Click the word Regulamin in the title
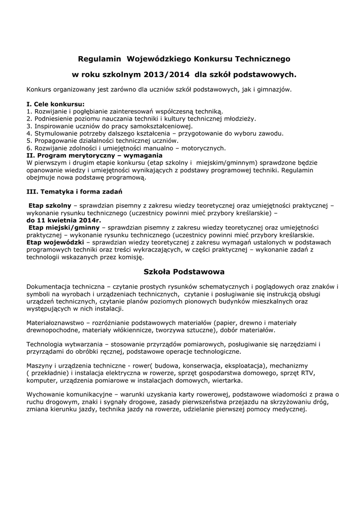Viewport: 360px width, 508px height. pyautogui.click(x=100, y=59)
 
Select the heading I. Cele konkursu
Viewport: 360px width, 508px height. pyautogui.click(x=55, y=105)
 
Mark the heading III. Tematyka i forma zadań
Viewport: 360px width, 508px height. pyautogui.click(x=74, y=191)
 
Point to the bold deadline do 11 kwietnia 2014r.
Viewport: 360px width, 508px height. pyautogui.click(x=63, y=220)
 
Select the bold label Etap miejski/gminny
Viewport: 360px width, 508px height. pyautogui.click(x=64, y=227)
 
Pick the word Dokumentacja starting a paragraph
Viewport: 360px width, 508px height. pyautogui.click(x=48, y=287)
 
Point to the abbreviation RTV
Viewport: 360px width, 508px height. pyautogui.click(x=315, y=373)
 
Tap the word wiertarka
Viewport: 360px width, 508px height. pyautogui.click(x=226, y=381)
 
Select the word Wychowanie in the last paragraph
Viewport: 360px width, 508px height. pyautogui.click(x=47, y=395)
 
